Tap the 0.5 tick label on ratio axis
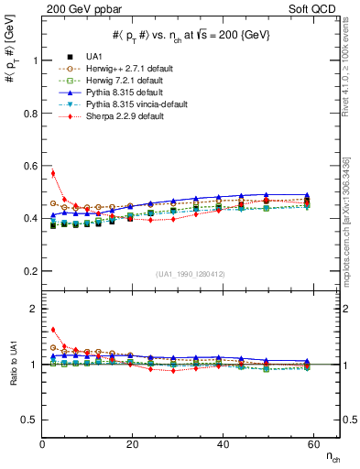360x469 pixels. tap(29, 420)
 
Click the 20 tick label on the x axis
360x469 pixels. tap(133, 444)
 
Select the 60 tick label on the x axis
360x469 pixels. tap(314, 444)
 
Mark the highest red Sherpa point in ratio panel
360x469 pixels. tap(53, 330)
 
